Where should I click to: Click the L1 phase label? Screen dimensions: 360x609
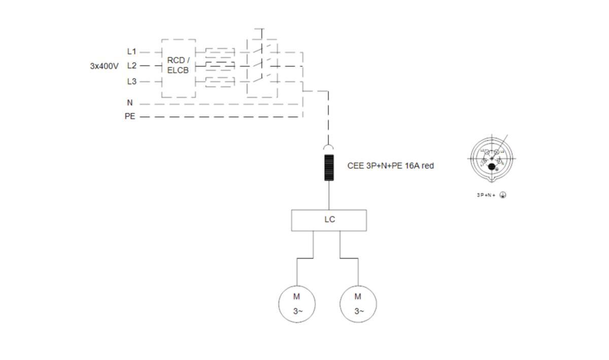pyautogui.click(x=131, y=51)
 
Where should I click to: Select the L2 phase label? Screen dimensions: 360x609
pyautogui.click(x=131, y=66)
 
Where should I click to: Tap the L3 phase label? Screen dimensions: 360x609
pyautogui.click(x=131, y=81)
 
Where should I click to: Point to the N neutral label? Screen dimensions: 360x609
pyautogui.click(x=130, y=103)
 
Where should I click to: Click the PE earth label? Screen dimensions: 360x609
pyautogui.click(x=130, y=116)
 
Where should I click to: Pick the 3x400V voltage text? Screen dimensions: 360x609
pyautogui.click(x=104, y=66)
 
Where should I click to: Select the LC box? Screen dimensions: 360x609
pyautogui.click(x=329, y=220)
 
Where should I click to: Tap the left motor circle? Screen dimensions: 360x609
pyautogui.click(x=297, y=304)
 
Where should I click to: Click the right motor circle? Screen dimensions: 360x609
pyautogui.click(x=358, y=304)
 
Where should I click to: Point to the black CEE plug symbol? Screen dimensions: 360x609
pyautogui.click(x=329, y=168)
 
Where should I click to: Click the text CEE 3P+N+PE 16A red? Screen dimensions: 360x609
pyautogui.click(x=390, y=166)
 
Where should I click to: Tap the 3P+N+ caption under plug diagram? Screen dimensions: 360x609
pyautogui.click(x=486, y=195)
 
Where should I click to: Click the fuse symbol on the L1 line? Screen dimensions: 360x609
pyautogui.click(x=219, y=51)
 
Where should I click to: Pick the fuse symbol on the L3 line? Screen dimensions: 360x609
pyautogui.click(x=219, y=81)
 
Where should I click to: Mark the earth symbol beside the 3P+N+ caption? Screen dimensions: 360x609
pyautogui.click(x=503, y=195)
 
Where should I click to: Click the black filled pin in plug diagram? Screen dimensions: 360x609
pyautogui.click(x=491, y=166)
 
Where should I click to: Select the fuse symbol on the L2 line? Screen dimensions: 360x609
pyautogui.click(x=219, y=66)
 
